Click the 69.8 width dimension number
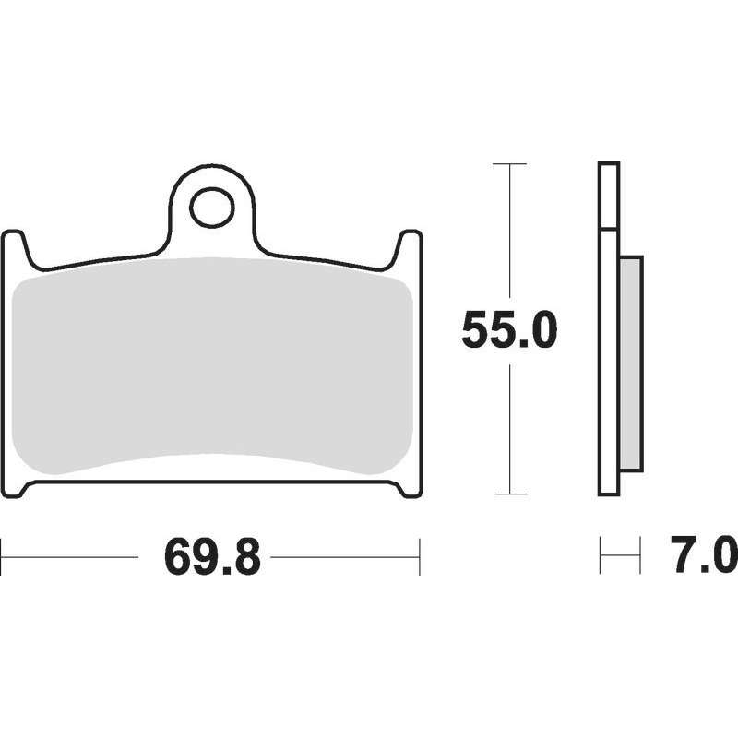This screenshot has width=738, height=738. point(212,557)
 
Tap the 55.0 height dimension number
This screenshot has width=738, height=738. point(509,330)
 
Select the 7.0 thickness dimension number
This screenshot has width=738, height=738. point(704,555)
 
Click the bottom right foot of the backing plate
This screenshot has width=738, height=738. point(409,490)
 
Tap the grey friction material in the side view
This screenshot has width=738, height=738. point(631,363)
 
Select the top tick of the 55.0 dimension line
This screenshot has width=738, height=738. point(509,164)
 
